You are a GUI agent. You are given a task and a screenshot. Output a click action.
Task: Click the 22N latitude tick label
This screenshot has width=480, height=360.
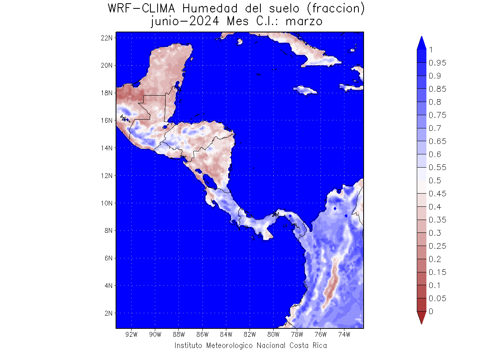coord(107,38)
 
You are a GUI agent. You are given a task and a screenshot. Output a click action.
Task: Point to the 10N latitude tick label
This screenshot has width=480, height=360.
coord(107,203)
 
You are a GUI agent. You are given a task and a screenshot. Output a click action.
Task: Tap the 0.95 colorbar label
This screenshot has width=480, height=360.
coord(437,63)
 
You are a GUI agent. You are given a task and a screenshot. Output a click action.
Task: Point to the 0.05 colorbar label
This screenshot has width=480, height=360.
coord(437,298)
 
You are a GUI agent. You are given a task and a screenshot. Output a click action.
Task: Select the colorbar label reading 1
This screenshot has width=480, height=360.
coord(431,50)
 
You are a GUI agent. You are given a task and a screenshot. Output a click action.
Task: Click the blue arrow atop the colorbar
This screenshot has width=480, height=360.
coord(421,43)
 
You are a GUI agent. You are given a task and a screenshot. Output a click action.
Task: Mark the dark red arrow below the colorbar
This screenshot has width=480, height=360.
coord(421,318)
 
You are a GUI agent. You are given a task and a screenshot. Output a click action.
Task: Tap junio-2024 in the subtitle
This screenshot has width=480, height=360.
coord(184,21)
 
